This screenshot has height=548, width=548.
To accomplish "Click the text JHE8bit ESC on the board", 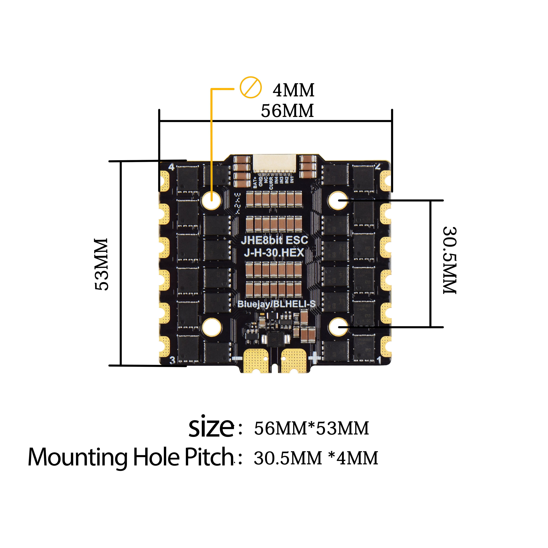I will point(274,240).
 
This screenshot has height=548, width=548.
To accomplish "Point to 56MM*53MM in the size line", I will point(311,428).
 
